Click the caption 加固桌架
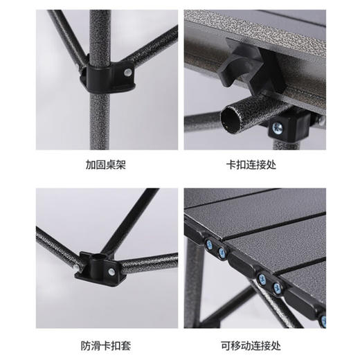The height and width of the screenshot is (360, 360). click(107, 166)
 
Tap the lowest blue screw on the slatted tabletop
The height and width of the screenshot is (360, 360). click(323, 320)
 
